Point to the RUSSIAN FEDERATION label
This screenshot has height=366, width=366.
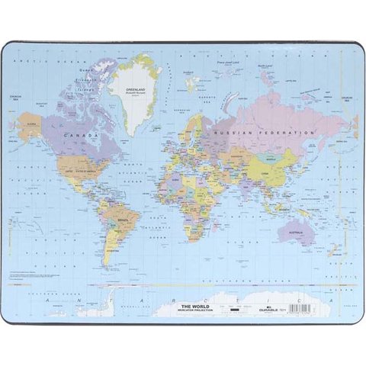pos(265,133)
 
